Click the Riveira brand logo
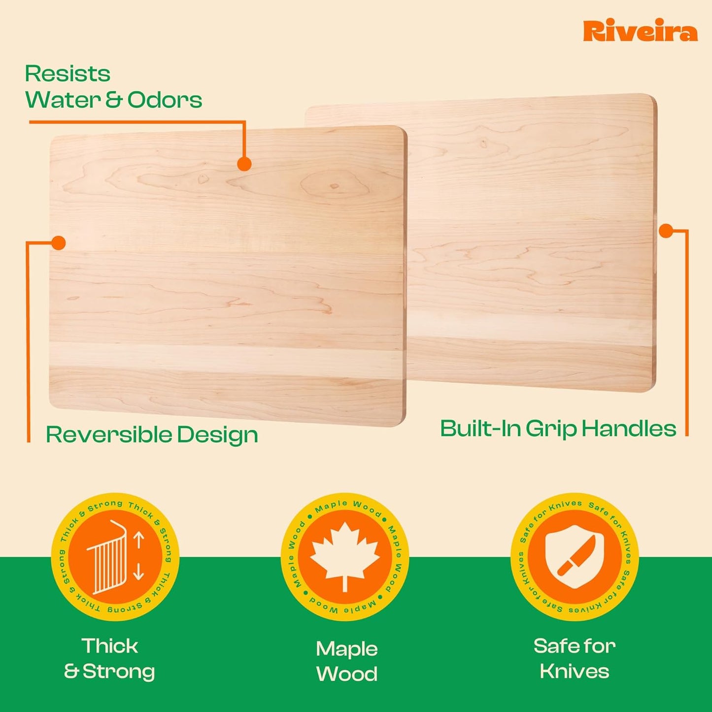[x=640, y=32]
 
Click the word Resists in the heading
[x=68, y=74]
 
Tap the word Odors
[x=165, y=100]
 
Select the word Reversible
[x=108, y=435]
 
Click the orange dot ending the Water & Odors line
[x=244, y=164]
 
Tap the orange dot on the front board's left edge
[x=59, y=243]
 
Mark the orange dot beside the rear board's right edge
[x=666, y=231]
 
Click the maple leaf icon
[x=345, y=555]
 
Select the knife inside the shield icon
[x=576, y=556]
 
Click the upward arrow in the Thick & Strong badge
[x=138, y=540]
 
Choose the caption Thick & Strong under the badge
[x=110, y=659]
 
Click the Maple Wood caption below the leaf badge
[x=346, y=661]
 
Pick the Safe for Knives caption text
[x=575, y=659]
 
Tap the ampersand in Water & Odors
[x=114, y=100]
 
